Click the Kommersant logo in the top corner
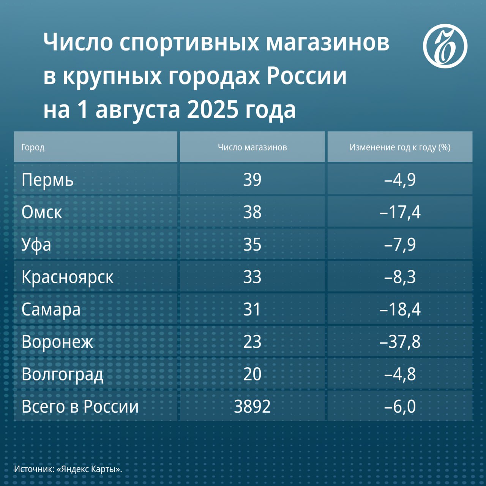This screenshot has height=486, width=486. click(445, 46)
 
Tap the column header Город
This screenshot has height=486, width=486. click(33, 147)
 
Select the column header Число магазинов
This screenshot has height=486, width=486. click(252, 147)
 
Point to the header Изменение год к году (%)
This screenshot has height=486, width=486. click(400, 147)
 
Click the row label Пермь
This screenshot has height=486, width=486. click(47, 180)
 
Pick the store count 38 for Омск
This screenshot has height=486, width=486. click(252, 212)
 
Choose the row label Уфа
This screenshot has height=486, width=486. click(36, 245)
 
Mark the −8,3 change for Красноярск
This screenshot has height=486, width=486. click(400, 277)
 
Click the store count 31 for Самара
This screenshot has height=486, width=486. click(252, 309)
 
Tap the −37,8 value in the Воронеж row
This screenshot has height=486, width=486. click(400, 342)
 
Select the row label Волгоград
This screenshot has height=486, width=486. click(62, 374)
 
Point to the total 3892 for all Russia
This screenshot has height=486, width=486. click(252, 407)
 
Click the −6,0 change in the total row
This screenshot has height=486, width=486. click(400, 407)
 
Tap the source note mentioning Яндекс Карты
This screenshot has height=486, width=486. click(68, 469)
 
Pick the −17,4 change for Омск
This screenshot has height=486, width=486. click(400, 212)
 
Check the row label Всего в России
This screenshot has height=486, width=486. click(80, 407)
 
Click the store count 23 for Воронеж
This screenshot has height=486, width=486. click(252, 342)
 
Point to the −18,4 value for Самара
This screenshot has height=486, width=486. click(400, 309)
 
